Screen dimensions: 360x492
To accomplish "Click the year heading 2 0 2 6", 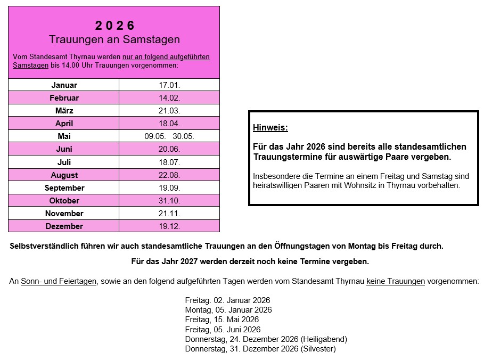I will click(114, 26).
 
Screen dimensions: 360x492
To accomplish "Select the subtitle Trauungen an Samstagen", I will click(114, 40).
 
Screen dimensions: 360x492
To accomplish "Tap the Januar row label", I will click(64, 85).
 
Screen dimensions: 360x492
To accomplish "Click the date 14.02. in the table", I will click(169, 98).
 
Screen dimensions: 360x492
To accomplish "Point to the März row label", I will click(64, 111).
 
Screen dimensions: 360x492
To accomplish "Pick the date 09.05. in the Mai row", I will click(155, 136).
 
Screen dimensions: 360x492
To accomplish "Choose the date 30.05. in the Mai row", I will click(183, 136).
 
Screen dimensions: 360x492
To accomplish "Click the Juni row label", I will click(64, 149).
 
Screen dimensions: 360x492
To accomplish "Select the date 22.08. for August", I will click(169, 175).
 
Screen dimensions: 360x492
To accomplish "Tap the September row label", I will click(64, 188).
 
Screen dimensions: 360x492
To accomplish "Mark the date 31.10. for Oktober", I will click(169, 201).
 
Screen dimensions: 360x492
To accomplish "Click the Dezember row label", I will click(64, 226).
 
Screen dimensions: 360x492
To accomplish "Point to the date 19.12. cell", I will click(169, 226).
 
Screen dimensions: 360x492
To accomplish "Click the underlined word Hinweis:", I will click(270, 128).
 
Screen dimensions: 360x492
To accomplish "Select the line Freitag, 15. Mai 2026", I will click(222, 320).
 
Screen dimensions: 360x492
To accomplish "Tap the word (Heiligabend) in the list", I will click(324, 339).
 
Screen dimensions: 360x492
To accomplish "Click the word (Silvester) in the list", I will click(318, 349).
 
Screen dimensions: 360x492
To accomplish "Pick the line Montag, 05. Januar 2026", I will click(228, 310).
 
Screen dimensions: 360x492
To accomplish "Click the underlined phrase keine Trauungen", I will click(396, 281).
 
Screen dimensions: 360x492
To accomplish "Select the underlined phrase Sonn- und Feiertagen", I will click(59, 281).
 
